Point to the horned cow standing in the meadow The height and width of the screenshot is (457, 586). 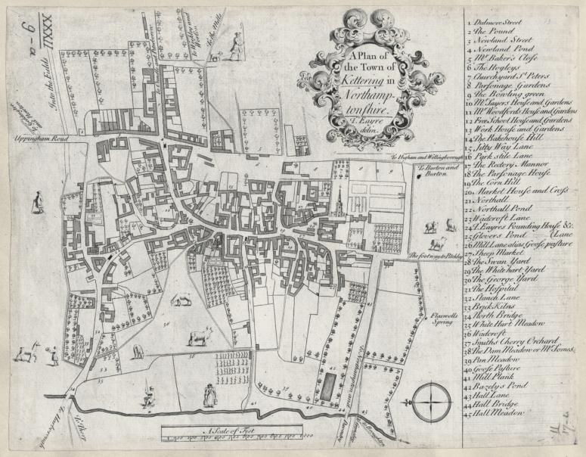[198, 335]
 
